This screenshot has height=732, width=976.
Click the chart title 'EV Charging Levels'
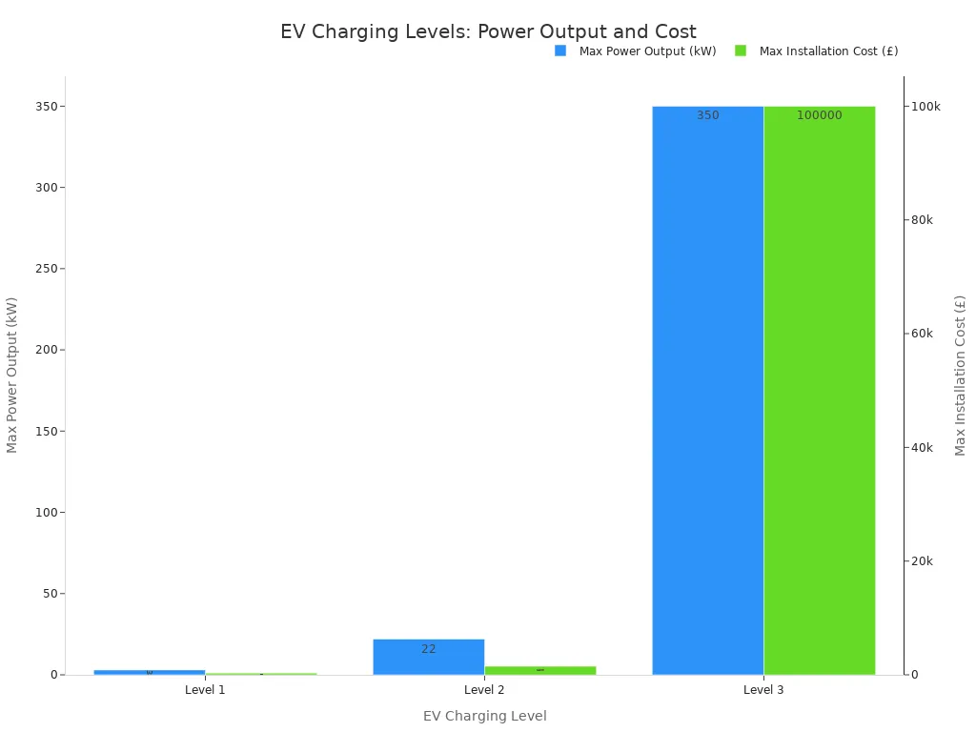[x=488, y=32]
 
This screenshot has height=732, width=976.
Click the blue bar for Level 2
[x=428, y=657]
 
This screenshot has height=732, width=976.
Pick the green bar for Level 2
[x=539, y=670]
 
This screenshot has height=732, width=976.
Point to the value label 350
[x=708, y=115]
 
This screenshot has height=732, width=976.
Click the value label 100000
[x=820, y=115]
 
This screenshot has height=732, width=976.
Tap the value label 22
[x=429, y=649]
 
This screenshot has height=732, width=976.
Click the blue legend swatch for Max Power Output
[x=560, y=51]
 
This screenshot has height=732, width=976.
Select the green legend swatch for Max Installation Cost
[x=741, y=51]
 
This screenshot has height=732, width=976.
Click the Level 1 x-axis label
[x=205, y=689]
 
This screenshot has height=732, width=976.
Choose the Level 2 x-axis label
[x=484, y=689]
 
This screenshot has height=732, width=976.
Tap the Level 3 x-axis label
[x=763, y=689]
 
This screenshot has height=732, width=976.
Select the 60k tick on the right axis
[x=923, y=334]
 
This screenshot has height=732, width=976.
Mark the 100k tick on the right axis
[x=925, y=106]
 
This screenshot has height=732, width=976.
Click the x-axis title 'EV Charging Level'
[x=484, y=716]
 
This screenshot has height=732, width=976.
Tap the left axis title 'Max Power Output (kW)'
[x=12, y=375]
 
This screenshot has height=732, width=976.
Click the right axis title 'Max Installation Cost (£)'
[x=961, y=375]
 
